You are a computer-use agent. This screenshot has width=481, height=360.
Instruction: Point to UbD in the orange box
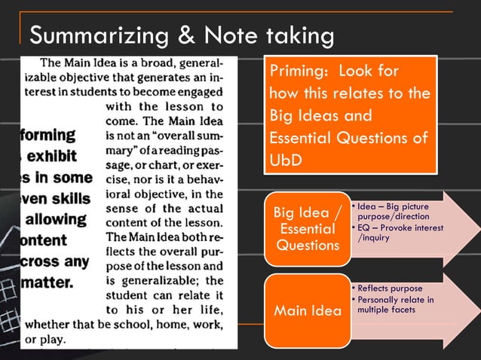tap(286, 162)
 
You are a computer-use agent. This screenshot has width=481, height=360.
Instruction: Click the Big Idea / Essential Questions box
tap(307, 227)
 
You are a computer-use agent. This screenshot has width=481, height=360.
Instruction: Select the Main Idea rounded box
tap(307, 310)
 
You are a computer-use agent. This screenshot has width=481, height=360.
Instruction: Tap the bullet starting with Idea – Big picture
tap(392, 211)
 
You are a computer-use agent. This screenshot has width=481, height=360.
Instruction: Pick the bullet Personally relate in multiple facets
tap(395, 305)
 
